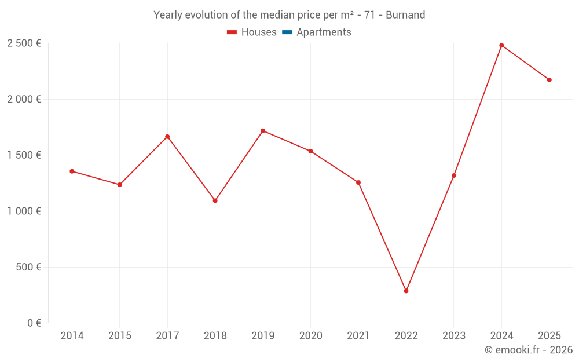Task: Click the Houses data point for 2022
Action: [406, 291]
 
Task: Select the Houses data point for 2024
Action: [501, 45]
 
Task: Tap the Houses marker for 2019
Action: [263, 131]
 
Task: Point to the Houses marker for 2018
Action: [215, 200]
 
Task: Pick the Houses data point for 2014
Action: [72, 171]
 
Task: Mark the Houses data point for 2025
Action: [549, 80]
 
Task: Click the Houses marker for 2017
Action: [167, 137]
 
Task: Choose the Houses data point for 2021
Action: [358, 182]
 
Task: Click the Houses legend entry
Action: [252, 32]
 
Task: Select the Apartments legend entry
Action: [317, 32]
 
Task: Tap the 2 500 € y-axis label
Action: [24, 43]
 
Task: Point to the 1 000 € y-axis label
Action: [24, 211]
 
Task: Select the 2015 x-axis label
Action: [120, 336]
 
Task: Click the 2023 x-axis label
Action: [454, 336]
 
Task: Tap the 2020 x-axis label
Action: [310, 336]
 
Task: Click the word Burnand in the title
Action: [405, 15]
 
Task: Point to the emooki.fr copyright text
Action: [529, 350]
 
